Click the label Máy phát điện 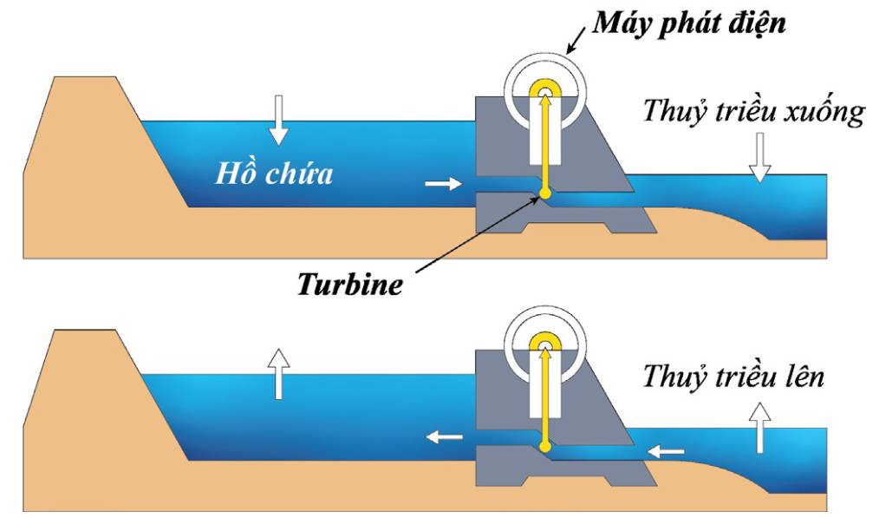[689, 23]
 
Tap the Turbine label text [350, 284]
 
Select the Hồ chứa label [274, 173]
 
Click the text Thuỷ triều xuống [754, 110]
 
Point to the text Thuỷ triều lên [733, 375]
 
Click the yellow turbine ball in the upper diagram [544, 193]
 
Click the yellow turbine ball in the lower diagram [544, 447]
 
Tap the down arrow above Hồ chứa [278, 120]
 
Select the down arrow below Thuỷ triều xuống [759, 158]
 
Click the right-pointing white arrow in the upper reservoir [443, 183]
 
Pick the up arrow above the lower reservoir [278, 374]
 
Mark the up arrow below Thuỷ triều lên [760, 428]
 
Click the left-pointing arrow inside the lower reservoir [445, 436]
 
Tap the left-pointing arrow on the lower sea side [666, 451]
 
